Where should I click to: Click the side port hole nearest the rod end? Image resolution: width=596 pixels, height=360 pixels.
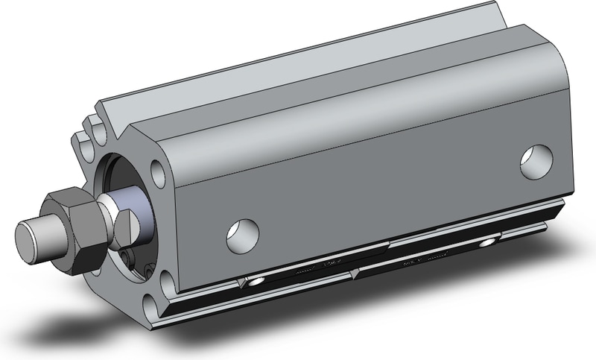tap(243, 234)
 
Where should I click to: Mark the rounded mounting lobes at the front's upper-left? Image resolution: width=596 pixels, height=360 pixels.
tap(87, 135)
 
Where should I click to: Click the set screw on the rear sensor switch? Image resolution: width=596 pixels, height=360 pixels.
tap(488, 244)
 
